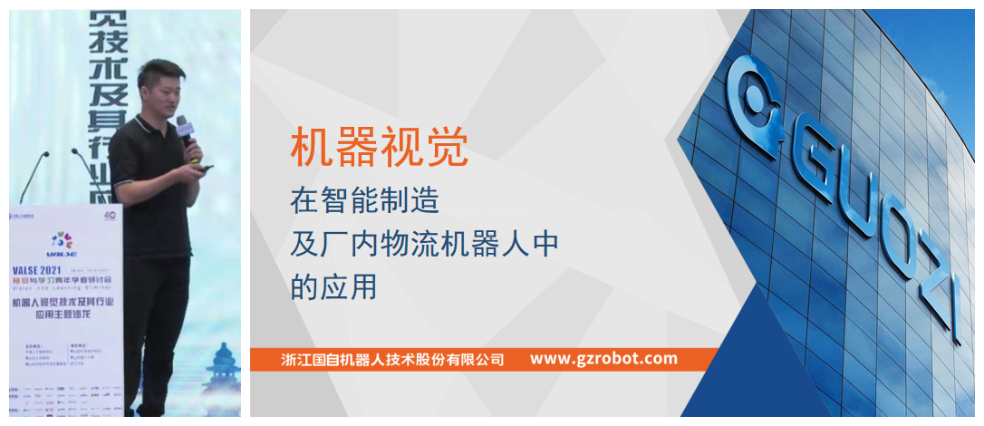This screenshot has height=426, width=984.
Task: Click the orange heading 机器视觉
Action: point(379,148)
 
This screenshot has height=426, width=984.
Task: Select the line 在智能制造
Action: point(364,199)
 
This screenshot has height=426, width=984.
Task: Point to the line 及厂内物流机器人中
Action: point(424,243)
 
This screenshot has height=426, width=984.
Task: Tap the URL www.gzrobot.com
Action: point(603,359)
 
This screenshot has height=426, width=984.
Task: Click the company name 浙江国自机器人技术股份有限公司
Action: point(392,359)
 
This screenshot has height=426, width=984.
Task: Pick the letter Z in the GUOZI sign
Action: point(925,272)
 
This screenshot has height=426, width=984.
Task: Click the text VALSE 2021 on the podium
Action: point(40,269)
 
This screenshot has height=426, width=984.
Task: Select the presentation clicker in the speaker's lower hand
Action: point(205,168)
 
